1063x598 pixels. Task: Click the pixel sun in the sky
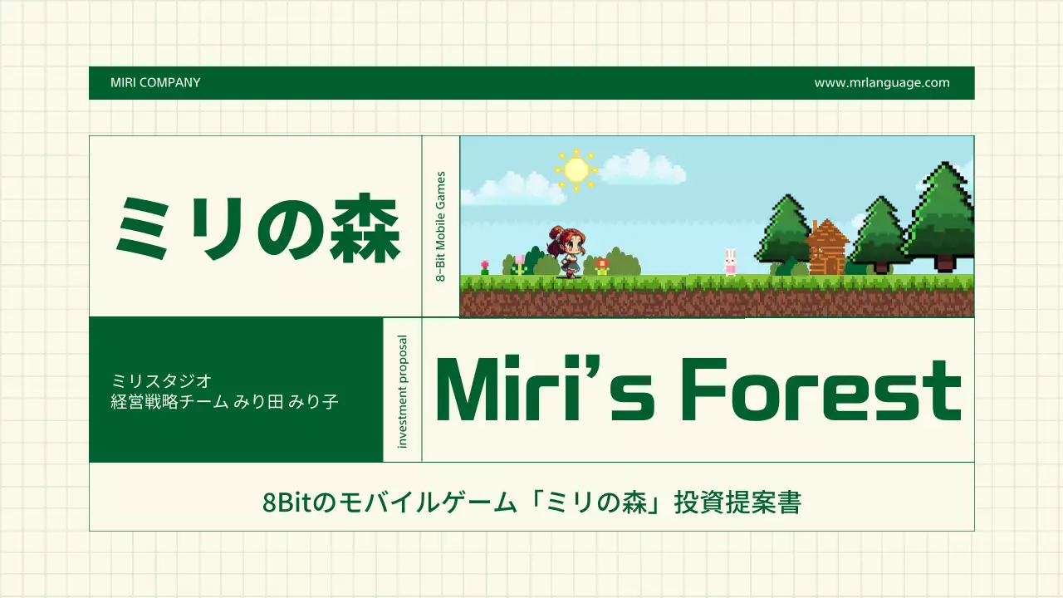coord(576,169)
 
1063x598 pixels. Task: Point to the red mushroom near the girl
coord(602,264)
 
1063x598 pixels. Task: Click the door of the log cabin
coord(828,263)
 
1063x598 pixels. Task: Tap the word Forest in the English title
coord(821,391)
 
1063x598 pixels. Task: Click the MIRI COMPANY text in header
coord(155,83)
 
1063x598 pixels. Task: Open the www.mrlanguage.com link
coord(881,83)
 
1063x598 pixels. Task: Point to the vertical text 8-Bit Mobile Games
coord(441,226)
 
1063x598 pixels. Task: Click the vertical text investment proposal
coord(403,391)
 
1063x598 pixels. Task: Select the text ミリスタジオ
coord(162,380)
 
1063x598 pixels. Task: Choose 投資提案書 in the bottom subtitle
coord(737,502)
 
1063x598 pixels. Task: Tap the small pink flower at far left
coord(485,267)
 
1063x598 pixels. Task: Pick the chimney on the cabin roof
coord(816,226)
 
